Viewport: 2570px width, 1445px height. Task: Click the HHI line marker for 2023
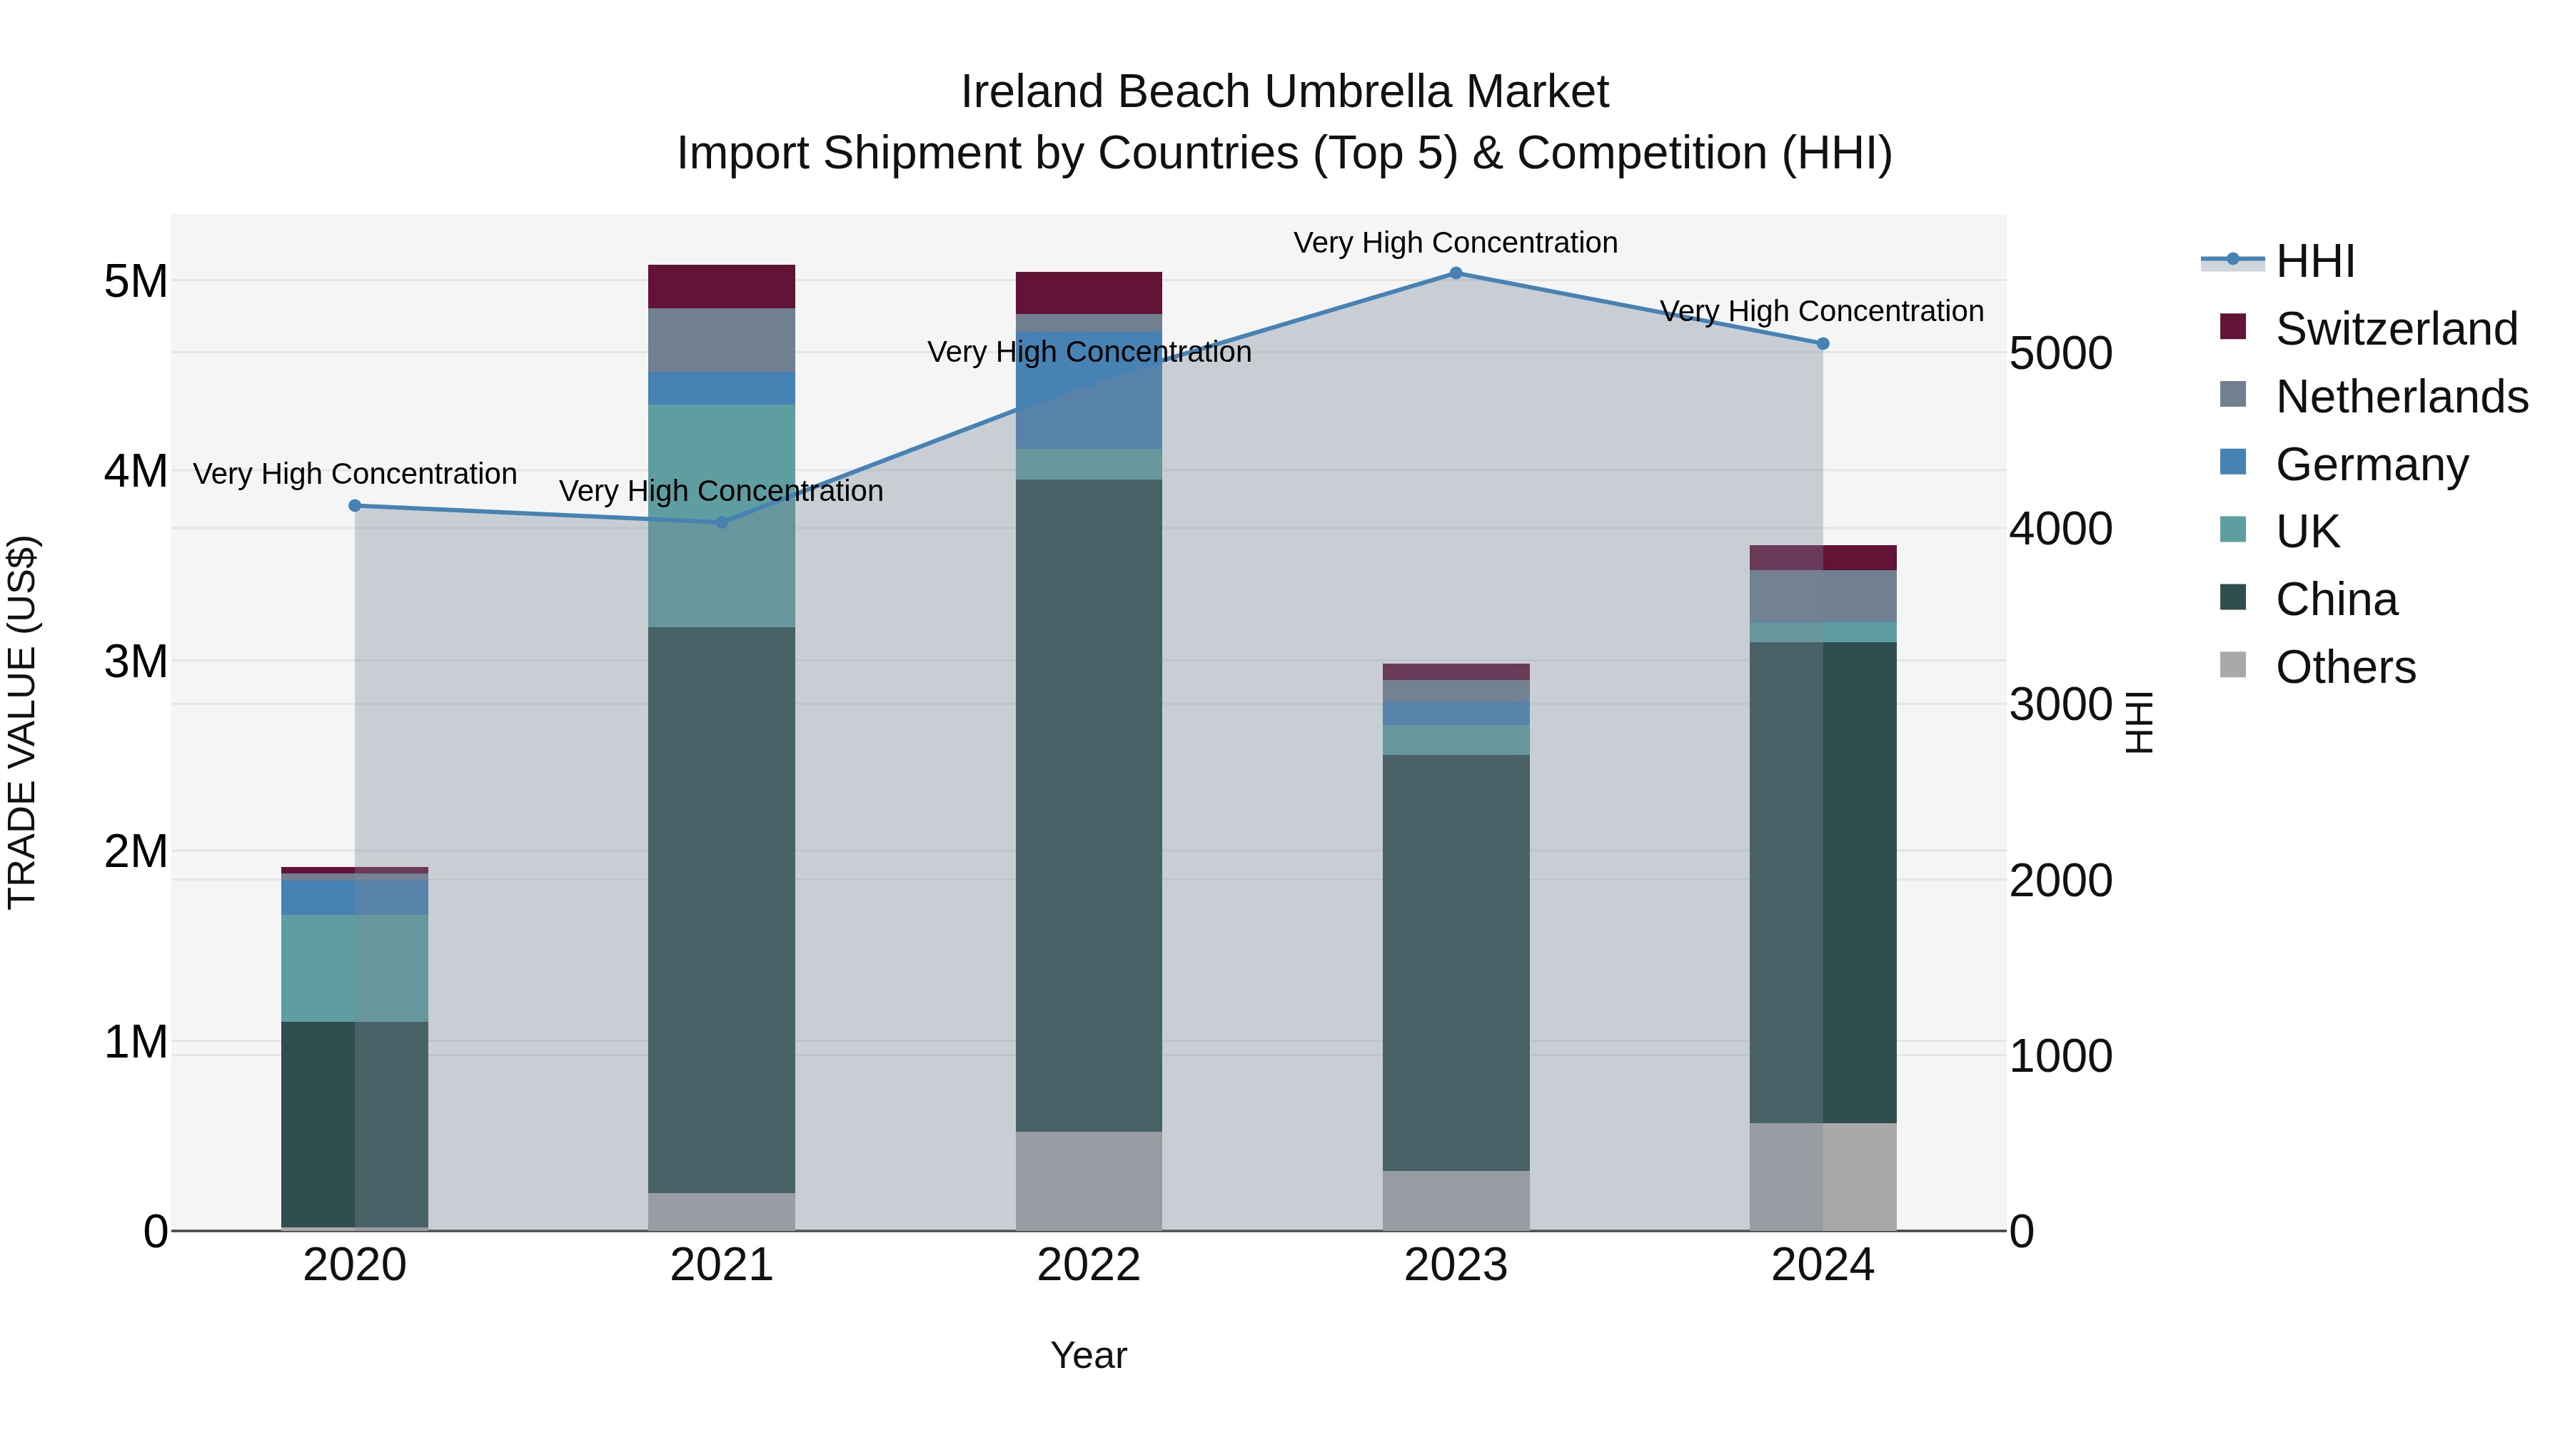coord(1456,273)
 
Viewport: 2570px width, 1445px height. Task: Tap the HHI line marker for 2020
coord(356,506)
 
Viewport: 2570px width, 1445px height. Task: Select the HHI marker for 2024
coord(1823,344)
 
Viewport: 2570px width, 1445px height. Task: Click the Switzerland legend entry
coord(2397,329)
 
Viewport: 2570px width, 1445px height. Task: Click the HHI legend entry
coord(2314,261)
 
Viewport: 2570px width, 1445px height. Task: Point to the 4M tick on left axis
coord(136,471)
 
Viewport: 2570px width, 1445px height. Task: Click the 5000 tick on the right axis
coord(2060,354)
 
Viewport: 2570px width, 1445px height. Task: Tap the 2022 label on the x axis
coord(1089,1265)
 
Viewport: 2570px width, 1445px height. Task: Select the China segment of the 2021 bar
coord(721,908)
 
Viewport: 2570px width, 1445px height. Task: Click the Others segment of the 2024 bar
coord(1823,1177)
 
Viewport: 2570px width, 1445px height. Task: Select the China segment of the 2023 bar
coord(1456,963)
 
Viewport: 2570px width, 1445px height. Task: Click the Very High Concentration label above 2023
coord(1456,243)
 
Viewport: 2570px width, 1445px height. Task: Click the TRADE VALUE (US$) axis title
coord(22,722)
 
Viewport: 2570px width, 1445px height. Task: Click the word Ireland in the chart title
coord(1032,92)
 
